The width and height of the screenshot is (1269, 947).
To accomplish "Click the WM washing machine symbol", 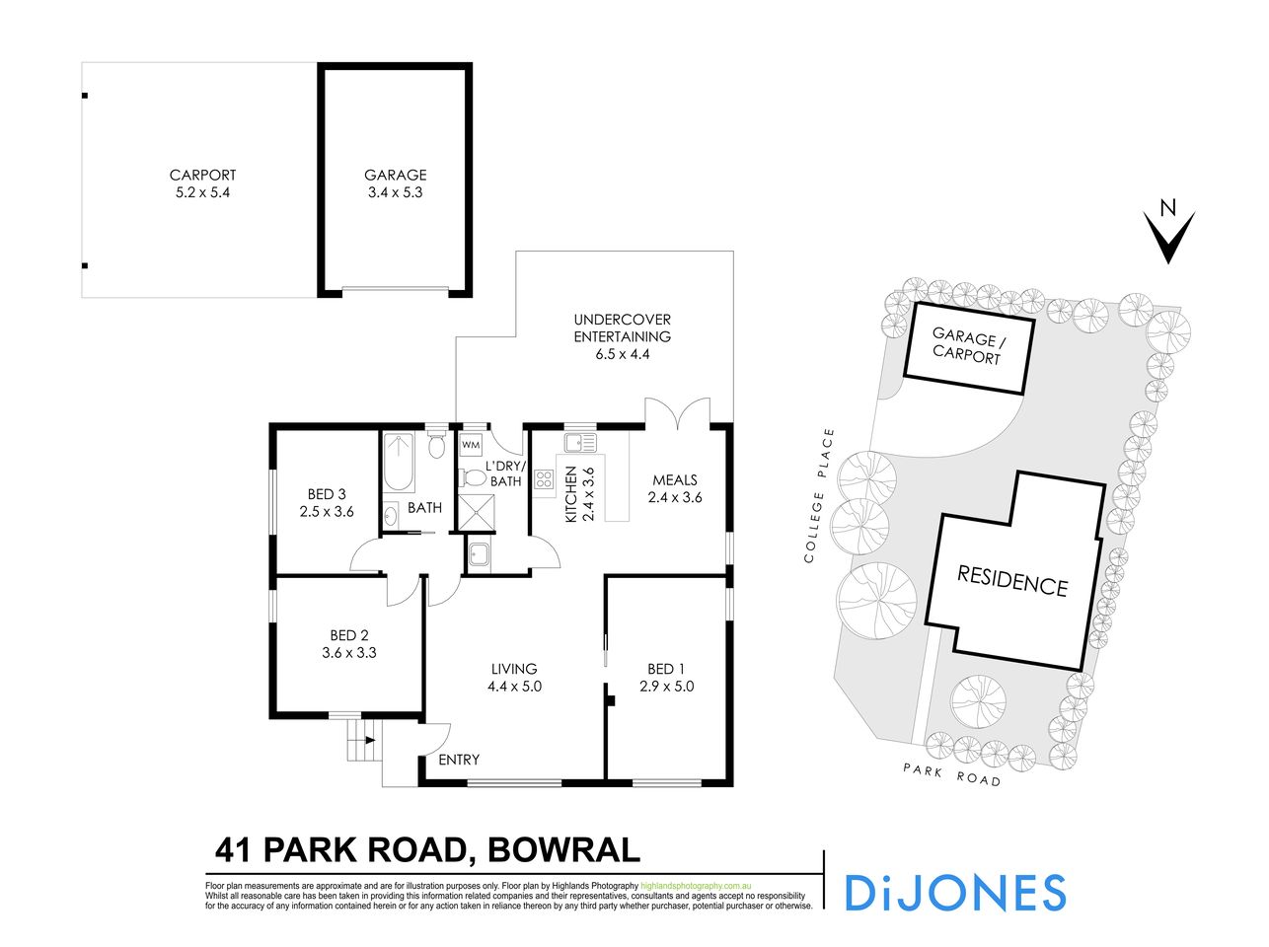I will [471, 445].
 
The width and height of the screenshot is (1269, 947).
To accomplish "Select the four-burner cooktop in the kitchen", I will [544, 480].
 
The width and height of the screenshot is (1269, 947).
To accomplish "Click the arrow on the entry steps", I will [370, 738].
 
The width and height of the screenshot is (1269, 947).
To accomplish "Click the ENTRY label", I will [459, 760].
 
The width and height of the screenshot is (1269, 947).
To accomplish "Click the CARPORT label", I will [202, 176].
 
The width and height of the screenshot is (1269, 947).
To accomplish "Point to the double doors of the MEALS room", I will [677, 412].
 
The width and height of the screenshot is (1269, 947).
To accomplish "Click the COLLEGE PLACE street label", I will [820, 496].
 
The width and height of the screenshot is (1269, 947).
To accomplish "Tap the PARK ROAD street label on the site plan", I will [952, 773].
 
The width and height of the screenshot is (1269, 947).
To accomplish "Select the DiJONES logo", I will [955, 892].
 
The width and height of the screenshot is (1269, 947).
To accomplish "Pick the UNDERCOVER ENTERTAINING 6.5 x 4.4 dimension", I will [622, 354].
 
